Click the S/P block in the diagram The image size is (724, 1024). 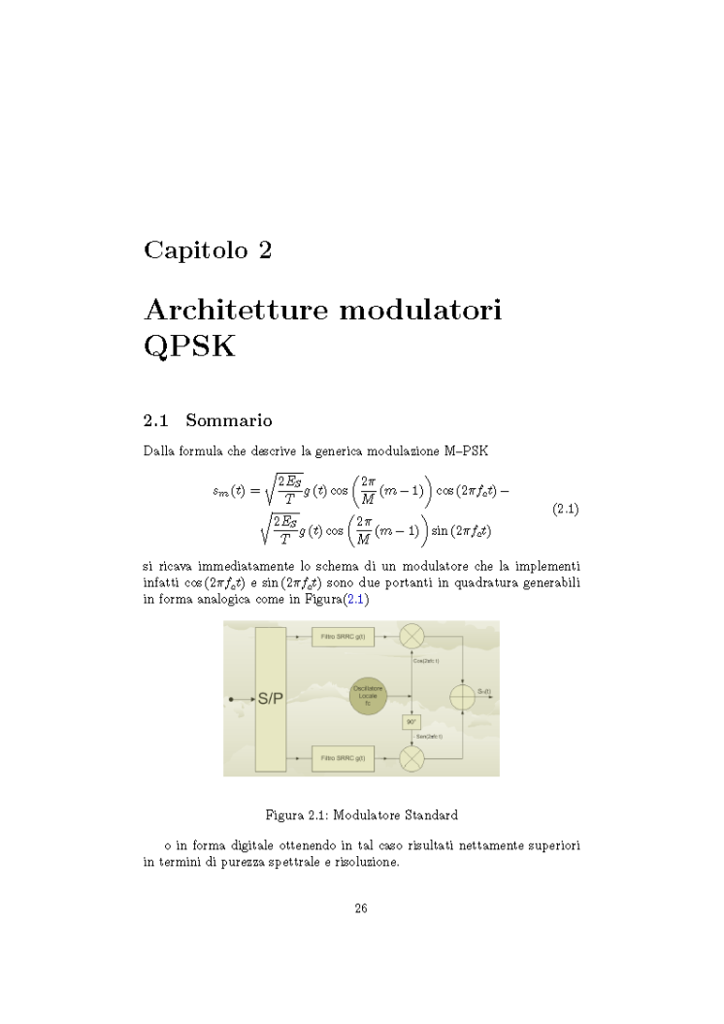click(270, 698)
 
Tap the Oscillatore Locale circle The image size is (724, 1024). click(375, 698)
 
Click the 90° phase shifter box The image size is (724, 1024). click(412, 722)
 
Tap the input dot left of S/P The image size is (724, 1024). click(229, 698)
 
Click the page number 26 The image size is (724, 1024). click(360, 908)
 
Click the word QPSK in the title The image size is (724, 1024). click(189, 347)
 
